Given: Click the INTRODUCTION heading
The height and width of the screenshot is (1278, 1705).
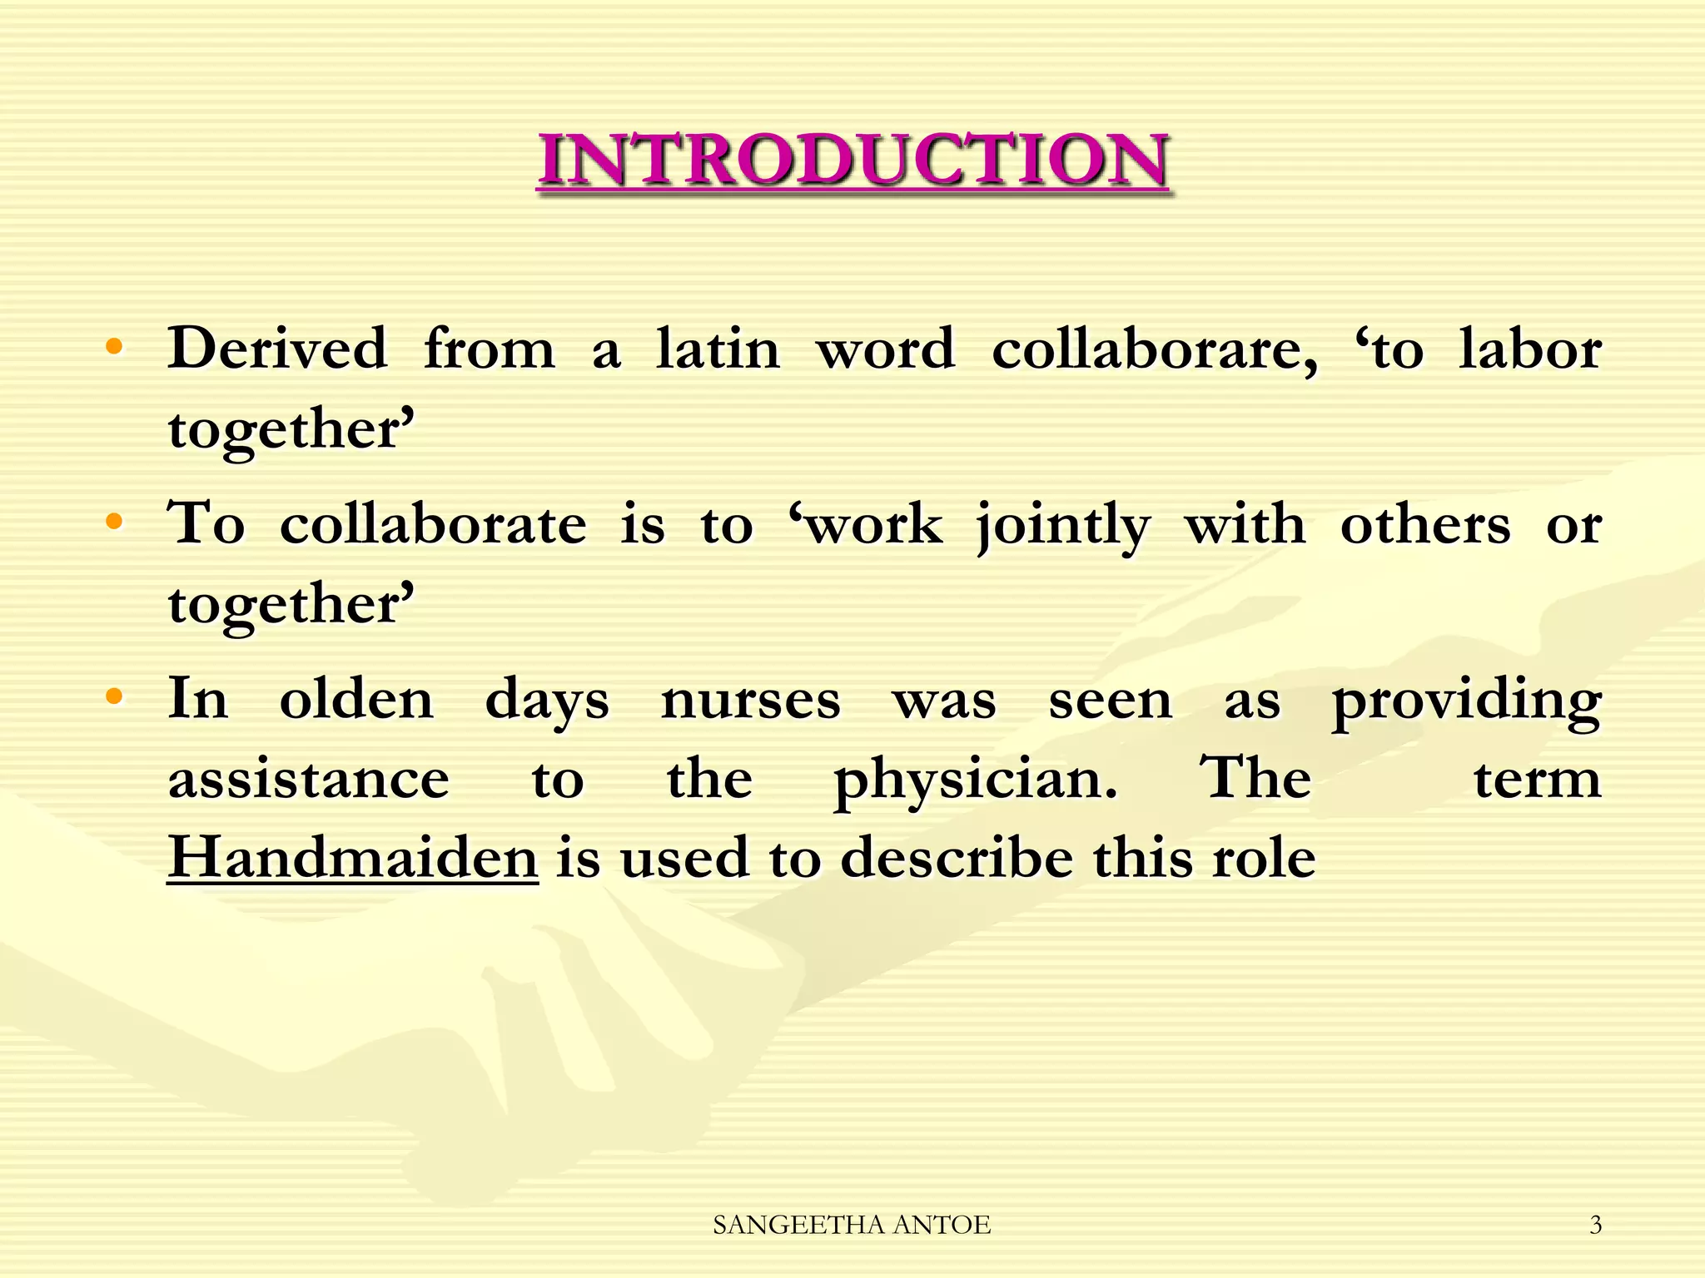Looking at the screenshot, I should point(853,160).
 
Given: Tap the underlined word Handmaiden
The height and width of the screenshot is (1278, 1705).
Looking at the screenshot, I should point(353,857).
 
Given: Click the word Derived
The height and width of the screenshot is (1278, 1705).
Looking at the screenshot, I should point(277,349).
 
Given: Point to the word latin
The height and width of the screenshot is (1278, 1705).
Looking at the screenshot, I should point(718,349).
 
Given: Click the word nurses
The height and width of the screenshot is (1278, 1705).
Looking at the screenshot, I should point(750,700).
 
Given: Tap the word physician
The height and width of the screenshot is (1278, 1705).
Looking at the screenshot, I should point(975,780).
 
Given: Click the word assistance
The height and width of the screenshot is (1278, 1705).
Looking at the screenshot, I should point(309,780).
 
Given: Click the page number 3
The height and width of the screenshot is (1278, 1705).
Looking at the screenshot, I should point(1595,1225).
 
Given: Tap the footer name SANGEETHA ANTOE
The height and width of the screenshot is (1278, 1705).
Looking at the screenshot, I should point(852,1225).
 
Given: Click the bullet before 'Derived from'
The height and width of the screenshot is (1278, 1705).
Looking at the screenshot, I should point(115,346).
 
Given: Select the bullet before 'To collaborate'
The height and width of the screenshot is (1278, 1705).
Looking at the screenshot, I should point(115,522).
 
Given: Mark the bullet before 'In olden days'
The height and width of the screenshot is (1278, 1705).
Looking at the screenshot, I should point(115,696).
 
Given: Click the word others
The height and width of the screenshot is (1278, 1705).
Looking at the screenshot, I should point(1425,525).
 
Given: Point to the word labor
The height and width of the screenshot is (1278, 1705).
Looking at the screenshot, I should point(1530,349).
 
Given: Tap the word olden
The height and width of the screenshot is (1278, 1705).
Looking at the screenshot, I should point(356,699).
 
